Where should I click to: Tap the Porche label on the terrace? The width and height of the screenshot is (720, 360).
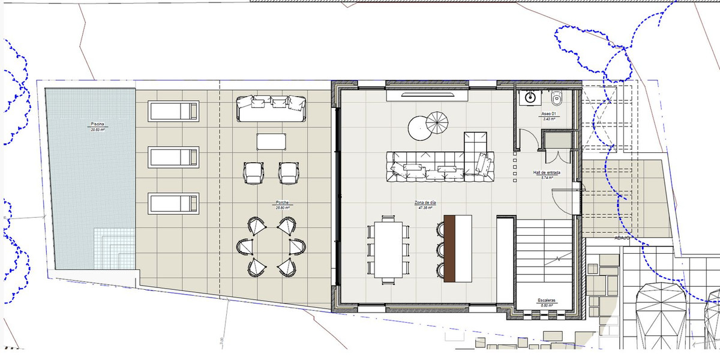click(x=282, y=203)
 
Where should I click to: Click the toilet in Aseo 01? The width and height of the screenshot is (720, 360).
click(x=556, y=97)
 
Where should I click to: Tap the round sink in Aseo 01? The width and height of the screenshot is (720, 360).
click(x=530, y=97)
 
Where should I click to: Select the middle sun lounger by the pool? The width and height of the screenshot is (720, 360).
click(x=173, y=157)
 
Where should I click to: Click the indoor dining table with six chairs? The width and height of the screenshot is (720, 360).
click(x=388, y=249)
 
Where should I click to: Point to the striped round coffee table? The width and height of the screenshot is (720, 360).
click(x=441, y=125)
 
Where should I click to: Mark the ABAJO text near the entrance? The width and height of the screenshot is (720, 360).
click(x=621, y=238)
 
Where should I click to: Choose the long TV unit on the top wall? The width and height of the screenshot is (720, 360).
click(x=428, y=95)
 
